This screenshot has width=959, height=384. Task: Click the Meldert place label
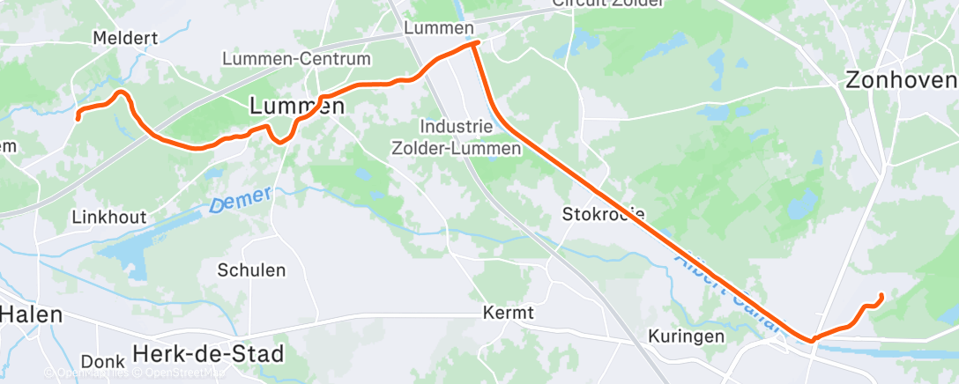pyautogui.click(x=125, y=38)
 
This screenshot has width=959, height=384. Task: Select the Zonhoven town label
pyautogui.click(x=900, y=80)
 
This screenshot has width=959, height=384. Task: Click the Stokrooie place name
pyautogui.click(x=604, y=214)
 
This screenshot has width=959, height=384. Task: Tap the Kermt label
pyautogui.click(x=509, y=313)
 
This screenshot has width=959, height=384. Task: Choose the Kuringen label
pyautogui.click(x=686, y=336)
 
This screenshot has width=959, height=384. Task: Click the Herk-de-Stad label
pyautogui.click(x=209, y=354)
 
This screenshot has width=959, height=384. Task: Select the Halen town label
pyautogui.click(x=32, y=314)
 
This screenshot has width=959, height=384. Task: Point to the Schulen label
pyautogui.click(x=251, y=270)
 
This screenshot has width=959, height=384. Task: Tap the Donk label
pyautogui.click(x=102, y=361)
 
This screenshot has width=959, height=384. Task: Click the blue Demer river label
pyautogui.click(x=241, y=200)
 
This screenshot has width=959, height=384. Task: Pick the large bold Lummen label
pyautogui.click(x=296, y=106)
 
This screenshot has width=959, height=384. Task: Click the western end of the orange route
pyautogui.click(x=78, y=116)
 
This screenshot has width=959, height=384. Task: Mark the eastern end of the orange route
pyautogui.click(x=881, y=295)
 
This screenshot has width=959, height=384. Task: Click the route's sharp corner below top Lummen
pyautogui.click(x=476, y=42)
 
